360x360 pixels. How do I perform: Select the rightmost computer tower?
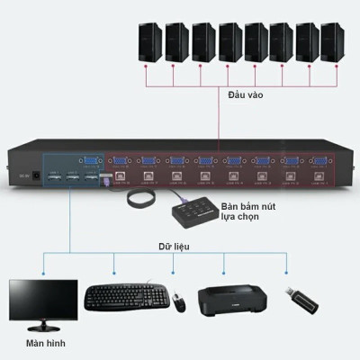(332, 43)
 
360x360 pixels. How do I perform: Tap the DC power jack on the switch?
(38, 176)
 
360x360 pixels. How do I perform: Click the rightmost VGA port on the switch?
(318, 163)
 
